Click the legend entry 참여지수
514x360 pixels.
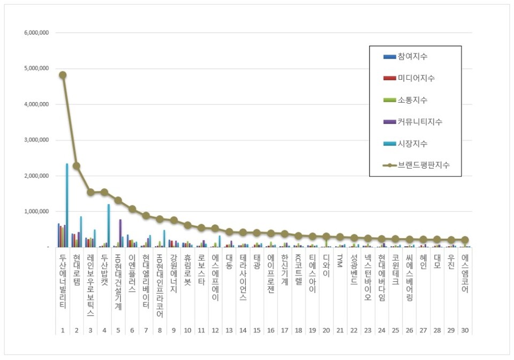(x=412, y=56)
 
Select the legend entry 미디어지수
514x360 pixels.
(x=415, y=78)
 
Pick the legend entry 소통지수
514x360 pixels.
(x=412, y=100)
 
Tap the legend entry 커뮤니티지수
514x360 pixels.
(x=419, y=122)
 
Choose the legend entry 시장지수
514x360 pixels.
(x=412, y=144)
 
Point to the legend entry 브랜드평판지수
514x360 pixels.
(x=423, y=165)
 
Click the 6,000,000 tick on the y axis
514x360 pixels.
(x=37, y=33)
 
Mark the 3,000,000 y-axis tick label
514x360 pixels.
(x=37, y=140)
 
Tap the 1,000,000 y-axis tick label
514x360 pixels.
(x=37, y=211)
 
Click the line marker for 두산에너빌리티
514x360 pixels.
(x=63, y=75)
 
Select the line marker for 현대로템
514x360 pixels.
(x=77, y=166)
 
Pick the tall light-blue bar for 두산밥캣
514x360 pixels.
(x=108, y=225)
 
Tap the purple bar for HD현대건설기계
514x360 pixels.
(x=120, y=233)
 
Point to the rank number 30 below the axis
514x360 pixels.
(x=465, y=331)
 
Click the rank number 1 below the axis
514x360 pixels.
(x=63, y=331)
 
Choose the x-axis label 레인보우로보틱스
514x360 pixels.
(x=90, y=284)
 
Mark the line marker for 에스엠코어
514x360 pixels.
(x=465, y=240)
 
